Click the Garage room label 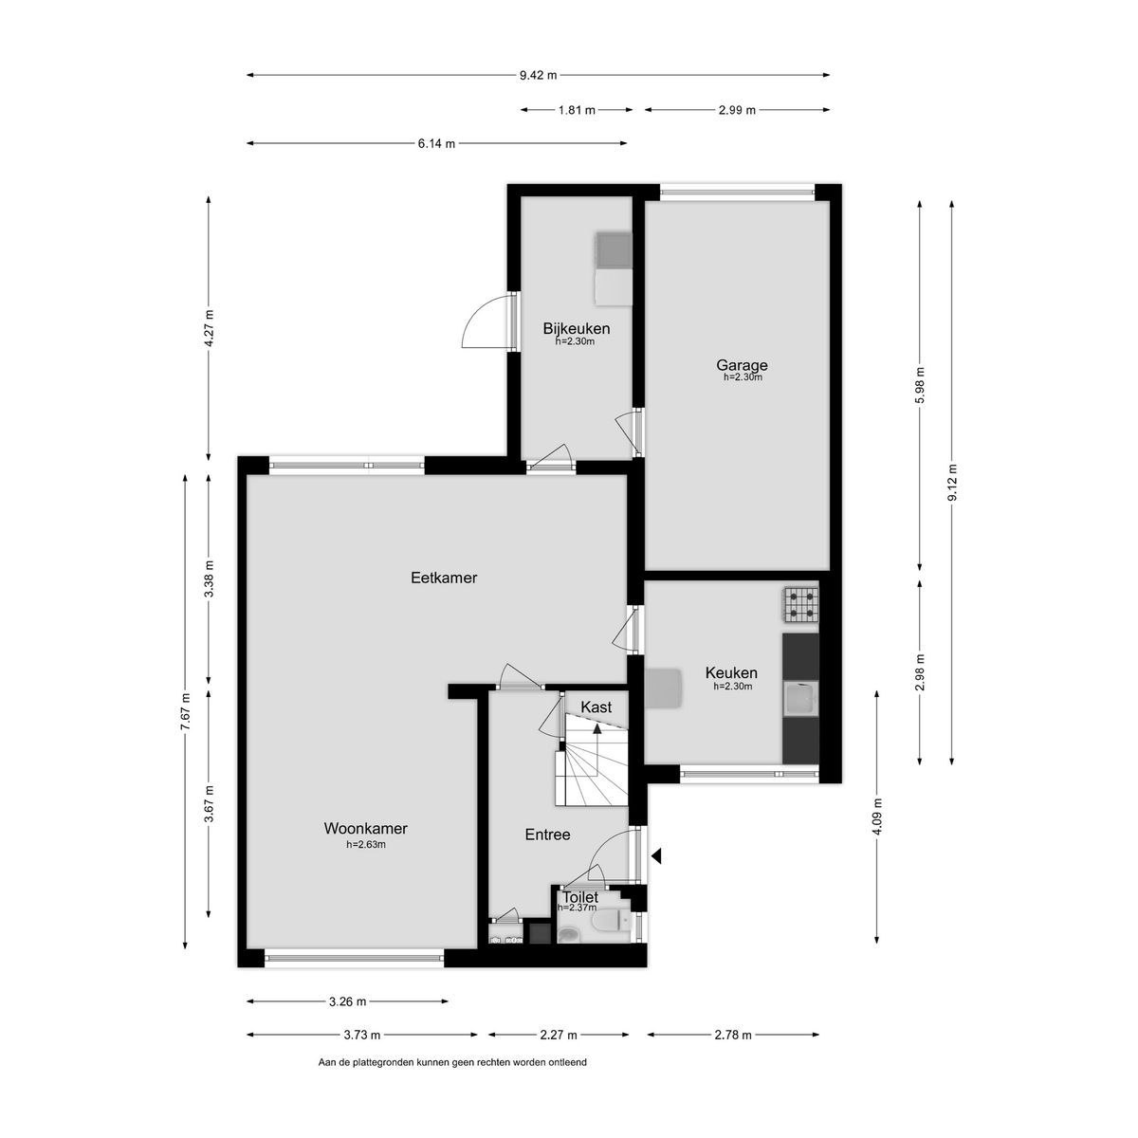click(742, 365)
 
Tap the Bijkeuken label click(577, 328)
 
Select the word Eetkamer click(444, 578)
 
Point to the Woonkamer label click(365, 829)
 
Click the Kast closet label click(596, 707)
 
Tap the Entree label click(547, 835)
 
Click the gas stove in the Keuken click(800, 605)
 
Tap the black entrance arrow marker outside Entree click(656, 855)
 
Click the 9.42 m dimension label click(538, 75)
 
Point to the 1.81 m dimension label click(577, 110)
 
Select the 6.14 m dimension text click(436, 143)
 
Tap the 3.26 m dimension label click(347, 1001)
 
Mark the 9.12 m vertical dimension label click(951, 483)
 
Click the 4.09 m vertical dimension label click(877, 816)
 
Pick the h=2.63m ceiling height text click(365, 845)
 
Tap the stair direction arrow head click(597, 728)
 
